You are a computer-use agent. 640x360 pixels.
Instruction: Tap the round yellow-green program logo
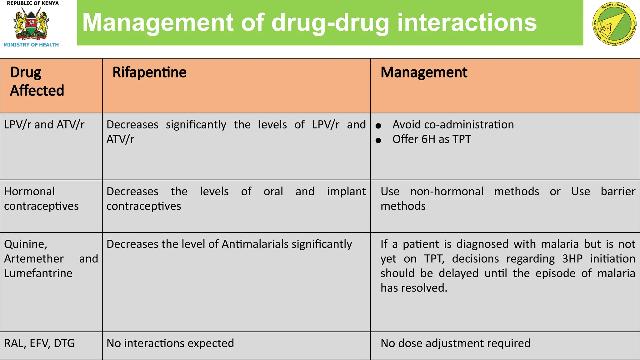pos(614,24)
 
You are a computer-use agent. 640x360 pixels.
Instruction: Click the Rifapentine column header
pos(149,72)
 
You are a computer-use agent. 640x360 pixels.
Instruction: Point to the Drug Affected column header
pos(37,81)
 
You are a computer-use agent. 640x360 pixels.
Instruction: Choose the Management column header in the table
pos(424,72)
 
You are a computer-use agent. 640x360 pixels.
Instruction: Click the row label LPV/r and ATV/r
pos(44,125)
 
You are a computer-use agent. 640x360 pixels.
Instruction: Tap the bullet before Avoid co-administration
pos(378,126)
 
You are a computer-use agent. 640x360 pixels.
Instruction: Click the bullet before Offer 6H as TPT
pos(378,141)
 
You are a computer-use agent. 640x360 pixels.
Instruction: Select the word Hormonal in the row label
pos(29,191)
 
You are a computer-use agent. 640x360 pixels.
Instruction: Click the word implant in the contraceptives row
pos(346,191)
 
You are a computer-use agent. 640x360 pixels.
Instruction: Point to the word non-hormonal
pos(447,191)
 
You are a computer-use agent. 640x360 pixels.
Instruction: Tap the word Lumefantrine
pos(38,273)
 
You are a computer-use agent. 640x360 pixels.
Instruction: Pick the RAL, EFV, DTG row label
pos(39,343)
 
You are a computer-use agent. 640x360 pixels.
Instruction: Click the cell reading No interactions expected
pos(170,343)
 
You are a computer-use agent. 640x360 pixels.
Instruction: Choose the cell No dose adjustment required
pos(455,343)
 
